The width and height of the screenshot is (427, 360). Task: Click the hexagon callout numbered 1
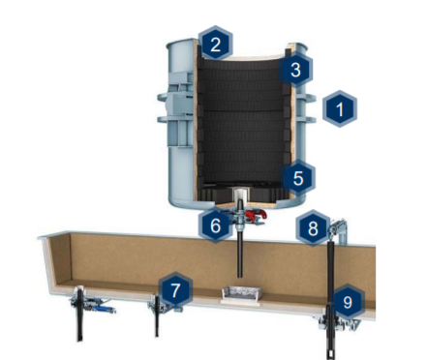click(x=340, y=108)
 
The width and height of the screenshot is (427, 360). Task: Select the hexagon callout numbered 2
click(x=215, y=44)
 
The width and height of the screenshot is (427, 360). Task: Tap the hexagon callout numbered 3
click(x=295, y=69)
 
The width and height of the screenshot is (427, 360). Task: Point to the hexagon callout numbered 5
click(x=297, y=178)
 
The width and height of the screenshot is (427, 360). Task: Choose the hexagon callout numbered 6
click(x=215, y=225)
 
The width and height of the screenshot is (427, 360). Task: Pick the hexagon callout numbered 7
click(x=175, y=289)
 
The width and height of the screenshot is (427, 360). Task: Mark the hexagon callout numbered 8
click(x=313, y=228)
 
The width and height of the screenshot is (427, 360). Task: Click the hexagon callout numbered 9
click(x=348, y=302)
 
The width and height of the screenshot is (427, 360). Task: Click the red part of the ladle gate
click(x=256, y=215)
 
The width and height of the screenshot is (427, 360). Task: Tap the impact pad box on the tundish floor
click(x=240, y=294)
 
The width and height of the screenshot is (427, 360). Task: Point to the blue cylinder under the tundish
click(x=104, y=309)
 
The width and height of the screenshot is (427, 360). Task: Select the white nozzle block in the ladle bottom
click(x=240, y=195)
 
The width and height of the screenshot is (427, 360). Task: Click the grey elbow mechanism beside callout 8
click(x=339, y=229)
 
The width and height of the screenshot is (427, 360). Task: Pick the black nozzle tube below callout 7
click(x=157, y=316)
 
